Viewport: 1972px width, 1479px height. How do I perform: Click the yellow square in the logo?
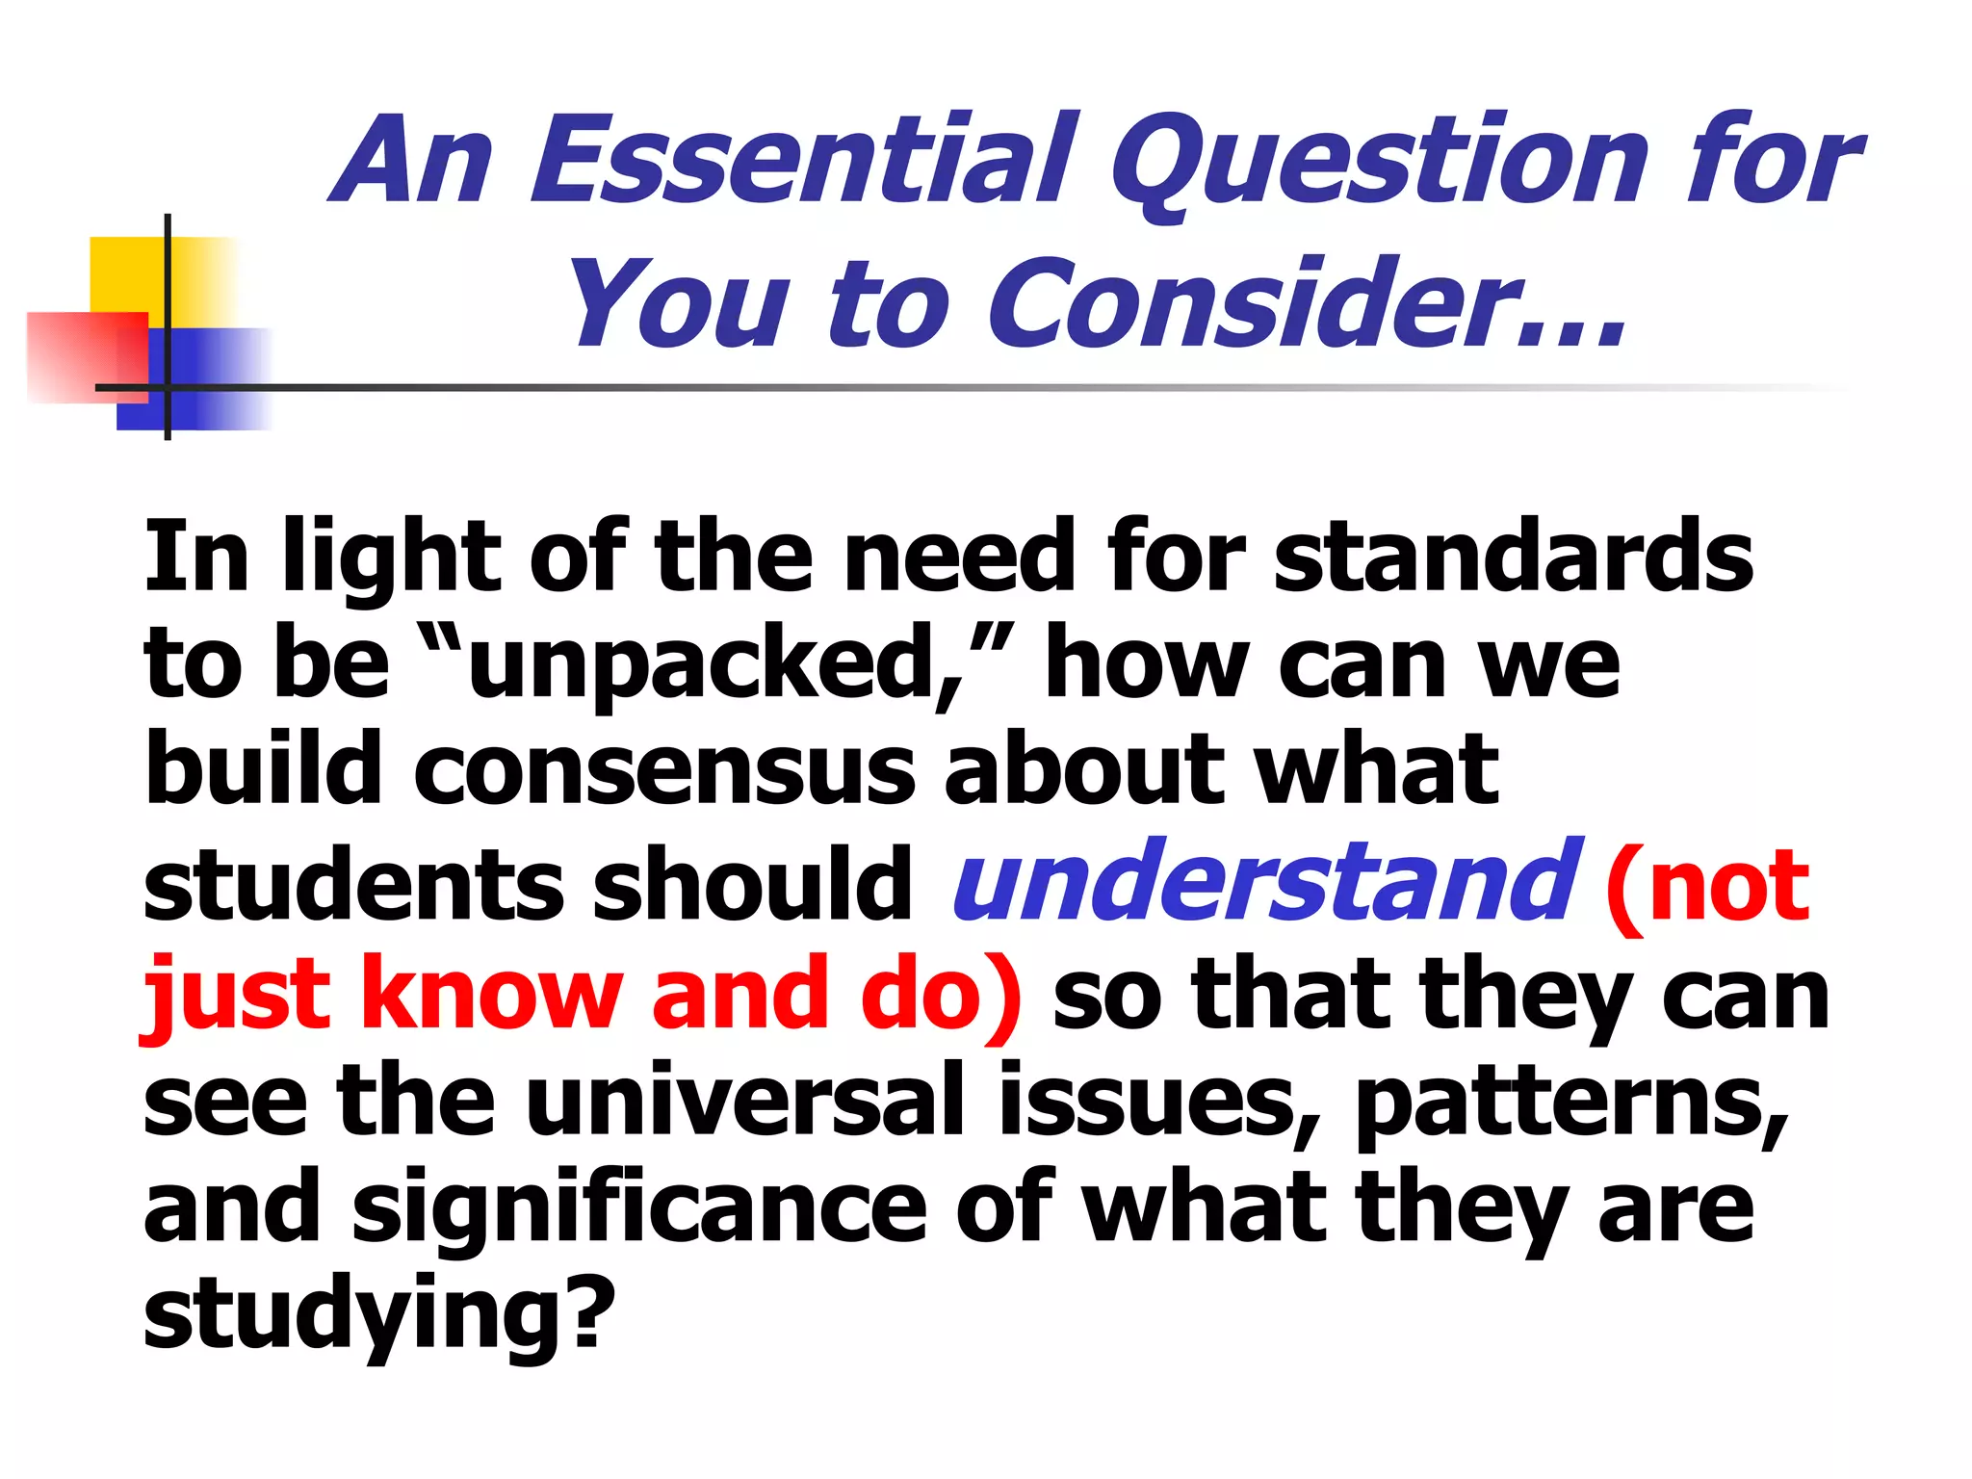(130, 274)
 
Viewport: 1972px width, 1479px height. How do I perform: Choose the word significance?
(639, 1207)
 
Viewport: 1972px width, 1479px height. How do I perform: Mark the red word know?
(491, 992)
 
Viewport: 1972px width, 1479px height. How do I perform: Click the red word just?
(236, 992)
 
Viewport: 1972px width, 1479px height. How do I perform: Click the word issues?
(1146, 1102)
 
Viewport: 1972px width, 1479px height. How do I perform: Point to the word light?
(391, 558)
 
